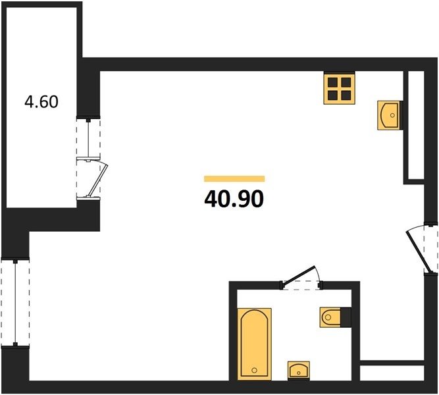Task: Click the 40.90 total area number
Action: click(234, 199)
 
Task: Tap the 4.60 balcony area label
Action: click(41, 101)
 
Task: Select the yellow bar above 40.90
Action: click(234, 178)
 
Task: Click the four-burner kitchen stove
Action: click(340, 88)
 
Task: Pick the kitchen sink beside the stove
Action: click(388, 115)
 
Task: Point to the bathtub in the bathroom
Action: click(255, 344)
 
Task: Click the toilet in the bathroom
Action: click(330, 317)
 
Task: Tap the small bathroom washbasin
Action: click(299, 370)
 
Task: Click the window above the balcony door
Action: click(88, 138)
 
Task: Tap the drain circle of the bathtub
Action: click(254, 371)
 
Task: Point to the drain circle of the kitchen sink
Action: click(392, 115)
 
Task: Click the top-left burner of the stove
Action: click(332, 82)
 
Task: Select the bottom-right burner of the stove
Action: click(346, 95)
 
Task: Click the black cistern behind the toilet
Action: click(346, 317)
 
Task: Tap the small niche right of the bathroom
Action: click(392, 373)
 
